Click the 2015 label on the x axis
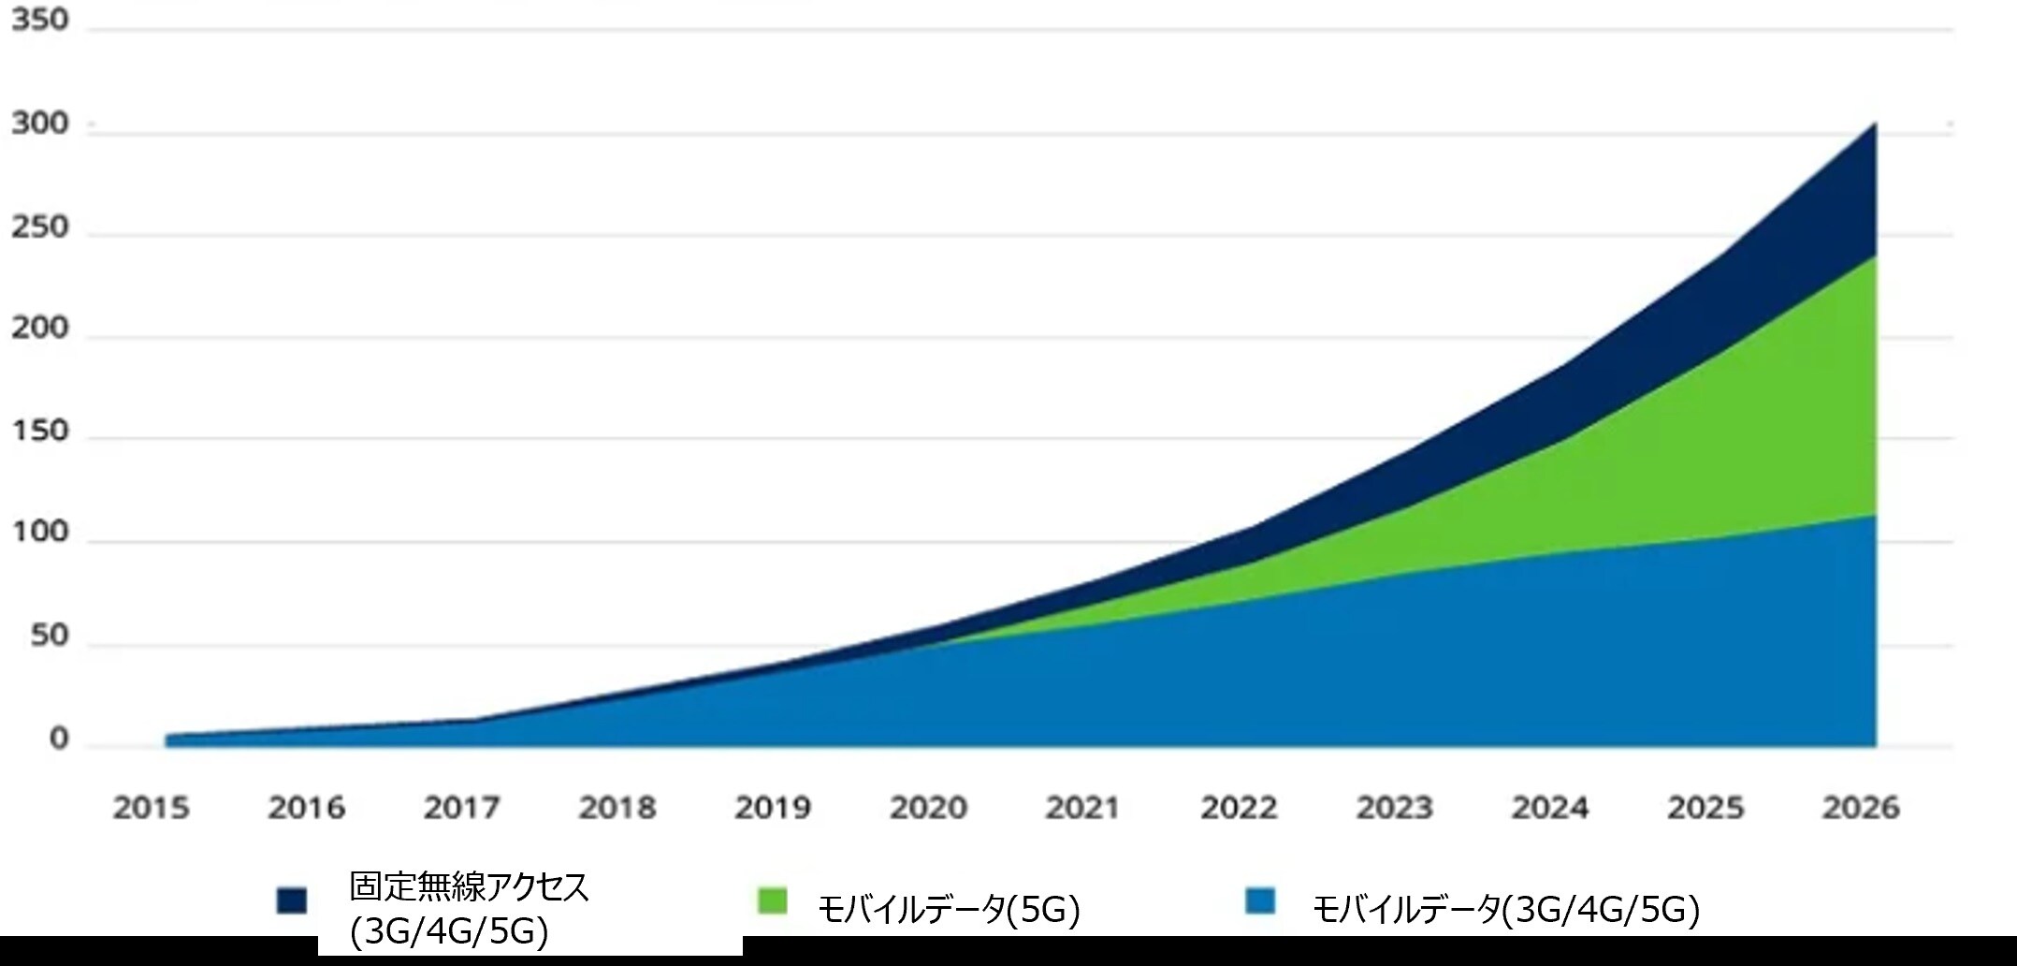[151, 807]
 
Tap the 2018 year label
[617, 807]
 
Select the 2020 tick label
[927, 807]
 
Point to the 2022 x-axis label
[1239, 807]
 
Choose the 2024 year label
[1549, 807]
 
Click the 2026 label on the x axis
[1860, 807]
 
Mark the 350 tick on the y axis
[40, 20]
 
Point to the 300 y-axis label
[40, 124]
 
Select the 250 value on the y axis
[40, 227]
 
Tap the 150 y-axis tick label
[40, 431]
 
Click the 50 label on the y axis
[50, 636]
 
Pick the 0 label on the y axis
[59, 739]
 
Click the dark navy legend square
[292, 900]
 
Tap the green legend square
[773, 901]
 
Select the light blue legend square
[1260, 901]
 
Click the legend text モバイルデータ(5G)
[949, 909]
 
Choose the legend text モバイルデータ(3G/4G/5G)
[1505, 909]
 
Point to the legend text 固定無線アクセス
[470, 886]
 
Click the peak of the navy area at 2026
[1874, 124]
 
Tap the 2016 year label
[306, 807]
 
